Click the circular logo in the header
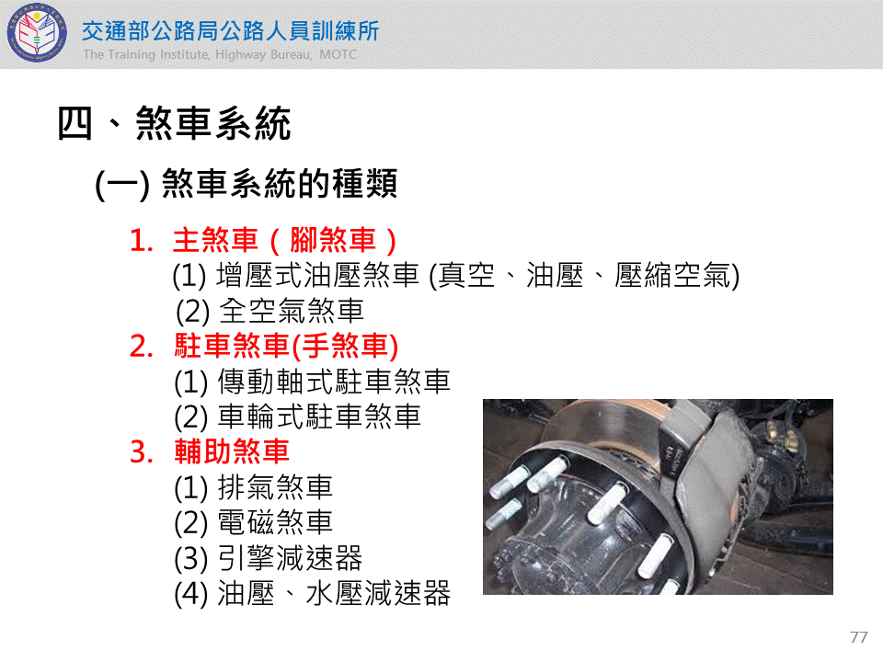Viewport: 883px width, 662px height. coord(37,33)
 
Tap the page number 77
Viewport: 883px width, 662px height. coord(859,637)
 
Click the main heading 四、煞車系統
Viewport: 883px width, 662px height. coord(174,123)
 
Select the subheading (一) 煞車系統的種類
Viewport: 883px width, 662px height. coord(247,184)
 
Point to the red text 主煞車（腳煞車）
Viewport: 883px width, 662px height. coord(284,240)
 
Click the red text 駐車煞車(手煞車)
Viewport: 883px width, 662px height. coord(286,346)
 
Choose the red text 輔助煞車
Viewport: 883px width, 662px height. coord(232,451)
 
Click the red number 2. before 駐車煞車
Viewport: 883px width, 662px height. coord(142,347)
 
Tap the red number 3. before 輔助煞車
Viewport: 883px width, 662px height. coord(142,452)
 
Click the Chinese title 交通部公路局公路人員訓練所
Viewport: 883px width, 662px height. coord(230,31)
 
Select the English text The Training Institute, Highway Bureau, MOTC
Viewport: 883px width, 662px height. coord(220,54)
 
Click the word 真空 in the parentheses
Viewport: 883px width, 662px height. coord(466,276)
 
